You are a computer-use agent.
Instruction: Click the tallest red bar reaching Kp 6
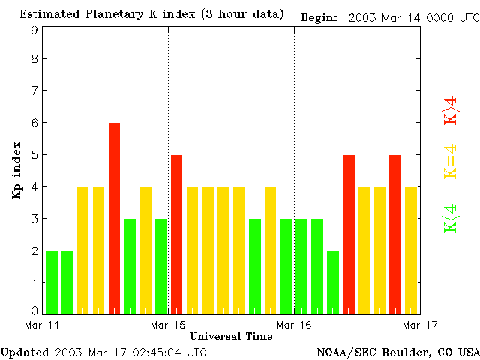click(x=114, y=217)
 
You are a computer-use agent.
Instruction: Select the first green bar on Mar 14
click(x=52, y=281)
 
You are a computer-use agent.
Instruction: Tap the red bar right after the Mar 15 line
click(x=177, y=234)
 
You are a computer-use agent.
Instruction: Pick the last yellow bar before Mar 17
click(x=411, y=250)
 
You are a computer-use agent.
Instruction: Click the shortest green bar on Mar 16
click(x=333, y=281)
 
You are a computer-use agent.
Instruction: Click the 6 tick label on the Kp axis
click(x=34, y=122)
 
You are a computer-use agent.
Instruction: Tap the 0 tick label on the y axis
click(x=34, y=310)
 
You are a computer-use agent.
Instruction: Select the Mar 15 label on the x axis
click(x=168, y=325)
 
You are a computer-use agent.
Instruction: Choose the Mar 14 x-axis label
click(x=42, y=325)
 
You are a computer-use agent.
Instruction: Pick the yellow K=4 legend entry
click(x=451, y=161)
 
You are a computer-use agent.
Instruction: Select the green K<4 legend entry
click(x=451, y=217)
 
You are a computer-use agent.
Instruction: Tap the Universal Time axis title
click(x=231, y=336)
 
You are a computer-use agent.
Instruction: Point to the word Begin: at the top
click(x=319, y=16)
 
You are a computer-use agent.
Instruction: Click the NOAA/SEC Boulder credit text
click(x=397, y=352)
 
